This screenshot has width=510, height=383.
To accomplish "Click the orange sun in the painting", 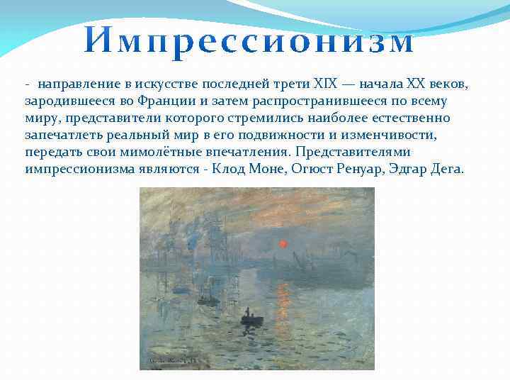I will click(283, 245).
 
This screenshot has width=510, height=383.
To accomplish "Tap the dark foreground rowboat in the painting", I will click(250, 318).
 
